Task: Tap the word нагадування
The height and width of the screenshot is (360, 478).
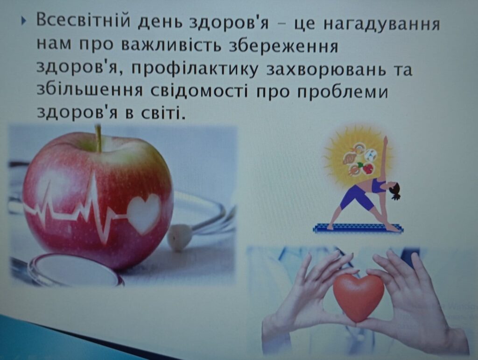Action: click(381, 23)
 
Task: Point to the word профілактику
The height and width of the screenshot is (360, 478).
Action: click(196, 70)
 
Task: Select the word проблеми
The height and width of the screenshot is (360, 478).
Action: click(343, 92)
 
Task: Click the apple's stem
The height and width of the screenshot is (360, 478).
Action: click(98, 138)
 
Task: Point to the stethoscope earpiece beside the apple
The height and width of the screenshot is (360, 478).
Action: click(178, 237)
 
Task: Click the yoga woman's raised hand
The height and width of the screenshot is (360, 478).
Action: click(386, 140)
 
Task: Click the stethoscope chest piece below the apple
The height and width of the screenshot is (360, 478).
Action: click(75, 268)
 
